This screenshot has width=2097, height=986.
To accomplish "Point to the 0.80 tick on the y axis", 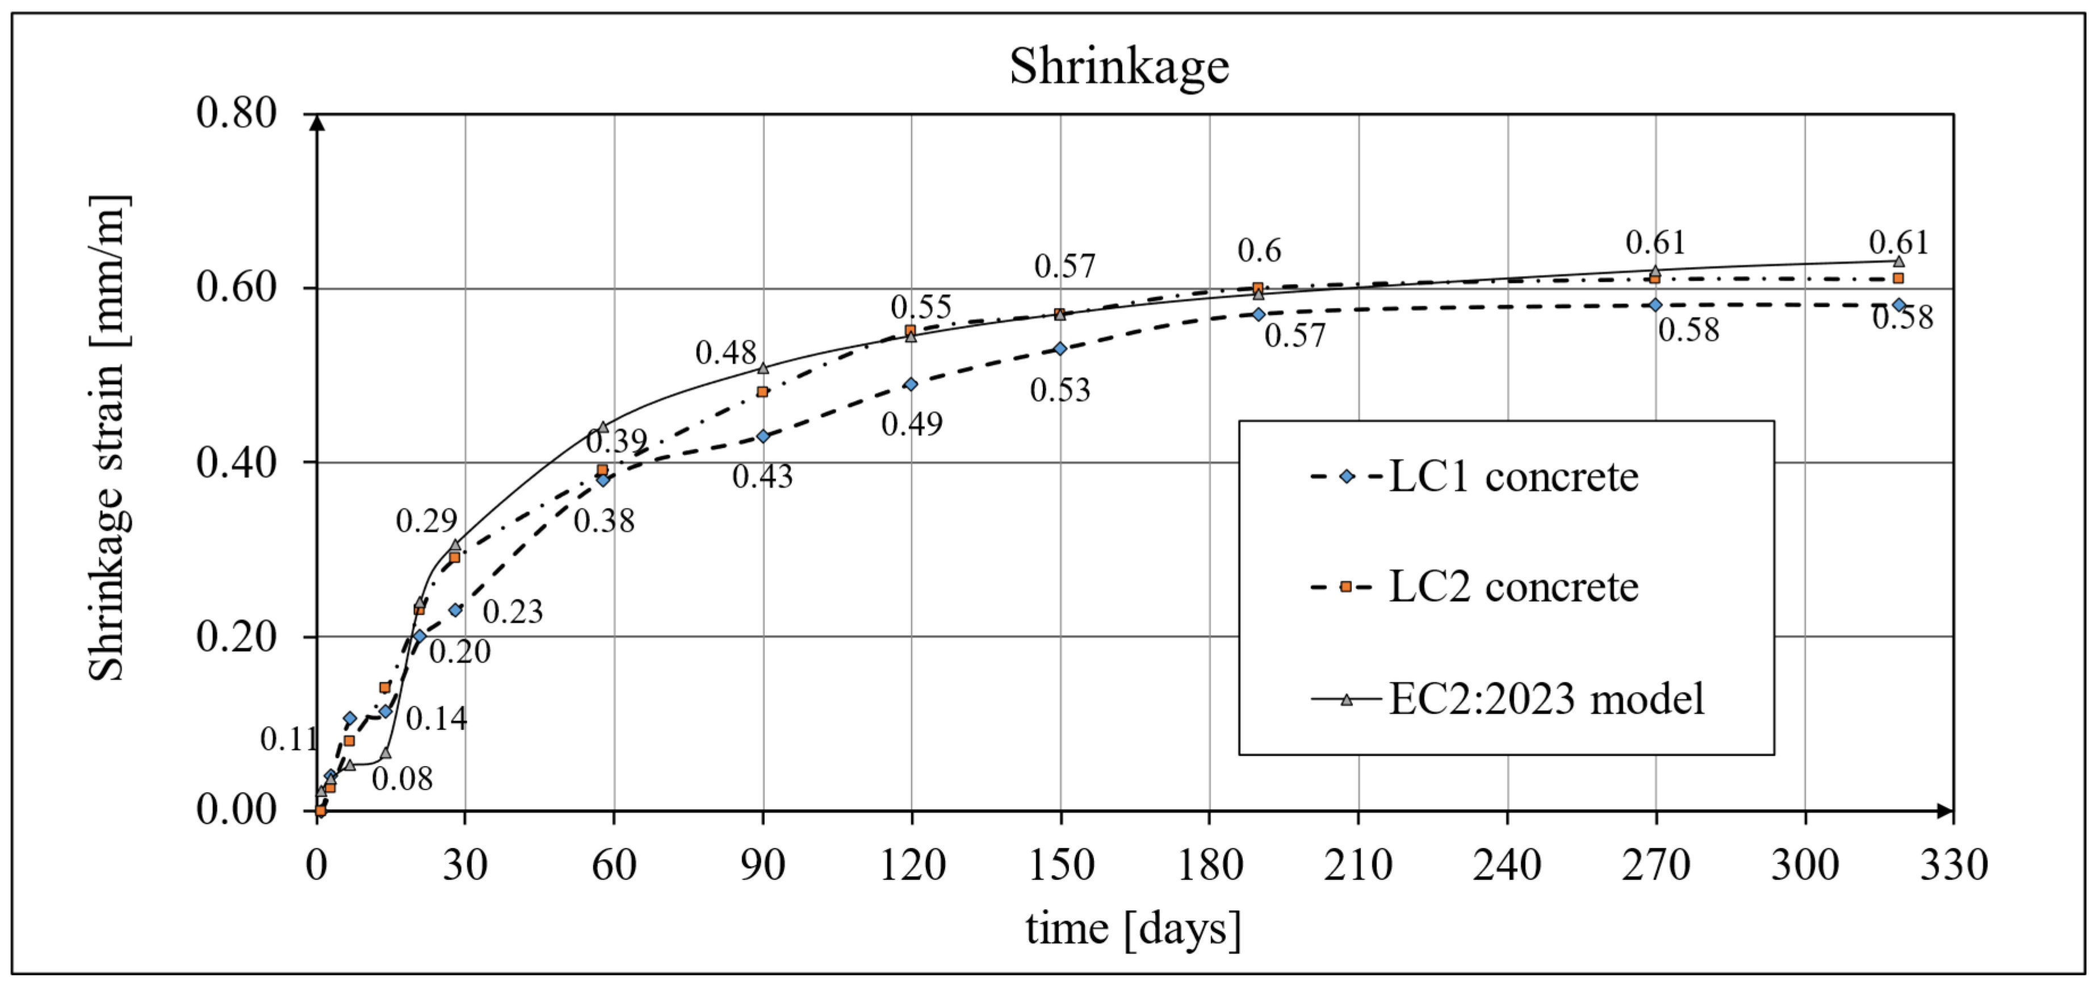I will (x=236, y=112).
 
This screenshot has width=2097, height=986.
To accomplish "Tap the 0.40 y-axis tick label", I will (x=236, y=462).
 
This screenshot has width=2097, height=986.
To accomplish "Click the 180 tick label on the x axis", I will (x=1210, y=864).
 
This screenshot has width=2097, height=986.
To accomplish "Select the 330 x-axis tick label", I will (x=1954, y=864).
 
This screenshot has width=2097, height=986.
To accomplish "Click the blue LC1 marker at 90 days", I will (x=763, y=436).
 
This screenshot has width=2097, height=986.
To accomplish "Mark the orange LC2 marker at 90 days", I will (x=763, y=392).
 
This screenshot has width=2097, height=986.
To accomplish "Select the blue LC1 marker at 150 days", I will (x=1060, y=349).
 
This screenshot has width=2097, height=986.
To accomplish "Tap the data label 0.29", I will (x=426, y=521).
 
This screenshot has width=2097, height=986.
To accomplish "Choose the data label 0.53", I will (x=1060, y=390).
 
